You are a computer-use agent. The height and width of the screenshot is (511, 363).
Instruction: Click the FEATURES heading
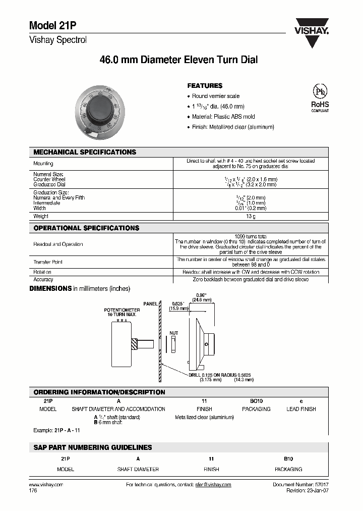point(205,86)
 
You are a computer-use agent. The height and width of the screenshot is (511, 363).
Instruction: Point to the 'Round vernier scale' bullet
point(216,96)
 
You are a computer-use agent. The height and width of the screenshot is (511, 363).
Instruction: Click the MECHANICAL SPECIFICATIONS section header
point(85,152)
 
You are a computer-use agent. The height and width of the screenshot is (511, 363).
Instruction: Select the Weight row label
point(41,216)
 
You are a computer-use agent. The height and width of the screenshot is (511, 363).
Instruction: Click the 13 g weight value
point(250,216)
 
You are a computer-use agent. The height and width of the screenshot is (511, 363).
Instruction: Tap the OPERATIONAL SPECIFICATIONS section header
point(86,228)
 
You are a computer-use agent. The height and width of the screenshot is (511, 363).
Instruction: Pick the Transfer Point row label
point(48,262)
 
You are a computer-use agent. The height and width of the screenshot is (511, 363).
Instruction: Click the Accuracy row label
point(43,279)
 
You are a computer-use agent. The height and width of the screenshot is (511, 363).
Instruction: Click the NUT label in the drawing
point(173,333)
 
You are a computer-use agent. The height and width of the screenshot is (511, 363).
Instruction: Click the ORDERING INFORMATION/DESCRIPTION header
point(99,392)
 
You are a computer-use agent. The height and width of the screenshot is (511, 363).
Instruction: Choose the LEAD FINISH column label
point(301,409)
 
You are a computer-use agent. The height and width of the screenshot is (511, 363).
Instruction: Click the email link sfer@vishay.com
point(213,484)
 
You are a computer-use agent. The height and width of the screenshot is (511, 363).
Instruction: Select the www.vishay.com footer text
point(46,484)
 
